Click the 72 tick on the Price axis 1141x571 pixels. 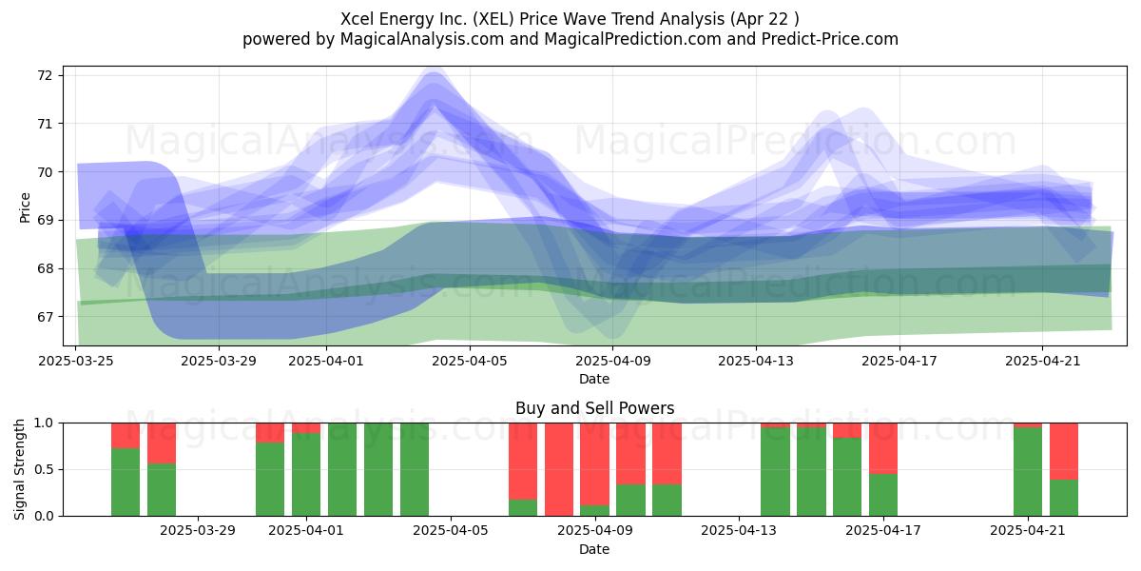pos(45,75)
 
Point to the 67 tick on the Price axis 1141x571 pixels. pos(45,317)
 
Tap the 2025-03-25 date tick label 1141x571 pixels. pos(76,361)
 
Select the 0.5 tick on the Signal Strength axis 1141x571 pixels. pos(45,469)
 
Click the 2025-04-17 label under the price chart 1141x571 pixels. pos(899,361)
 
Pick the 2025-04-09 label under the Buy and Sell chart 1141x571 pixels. pos(595,531)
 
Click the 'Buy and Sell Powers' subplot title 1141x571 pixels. pos(594,408)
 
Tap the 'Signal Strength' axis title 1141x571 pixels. pos(19,469)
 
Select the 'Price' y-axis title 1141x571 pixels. pos(25,207)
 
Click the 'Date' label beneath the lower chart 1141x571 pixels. pos(594,549)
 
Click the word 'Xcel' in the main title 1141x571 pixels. pos(356,19)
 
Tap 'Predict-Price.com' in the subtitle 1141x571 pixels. pos(830,39)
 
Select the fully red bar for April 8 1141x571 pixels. pos(559,469)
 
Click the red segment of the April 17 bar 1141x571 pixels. pos(883,448)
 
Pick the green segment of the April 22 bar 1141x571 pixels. pos(1064,498)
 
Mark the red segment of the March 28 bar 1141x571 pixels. pos(162,443)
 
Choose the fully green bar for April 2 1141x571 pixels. pos(342,469)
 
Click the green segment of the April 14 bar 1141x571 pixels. pos(775,472)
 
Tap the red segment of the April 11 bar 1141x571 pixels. pos(667,454)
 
